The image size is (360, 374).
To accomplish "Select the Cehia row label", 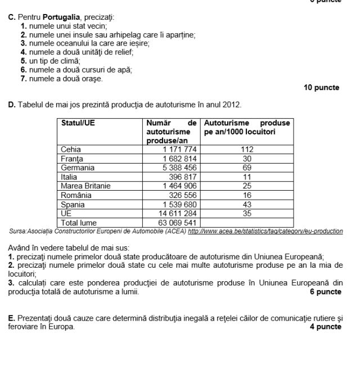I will click(x=71, y=150).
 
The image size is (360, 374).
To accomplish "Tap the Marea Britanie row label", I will click(x=85, y=186).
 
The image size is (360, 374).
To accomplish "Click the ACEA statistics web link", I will click(x=265, y=231).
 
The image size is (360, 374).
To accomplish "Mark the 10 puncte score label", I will click(x=321, y=88).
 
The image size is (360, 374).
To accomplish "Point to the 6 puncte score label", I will click(x=325, y=292).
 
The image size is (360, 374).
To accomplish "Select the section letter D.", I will click(x=11, y=105).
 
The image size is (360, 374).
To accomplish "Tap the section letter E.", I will click(x=11, y=318).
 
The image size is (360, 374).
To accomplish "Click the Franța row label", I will click(x=71, y=159).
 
